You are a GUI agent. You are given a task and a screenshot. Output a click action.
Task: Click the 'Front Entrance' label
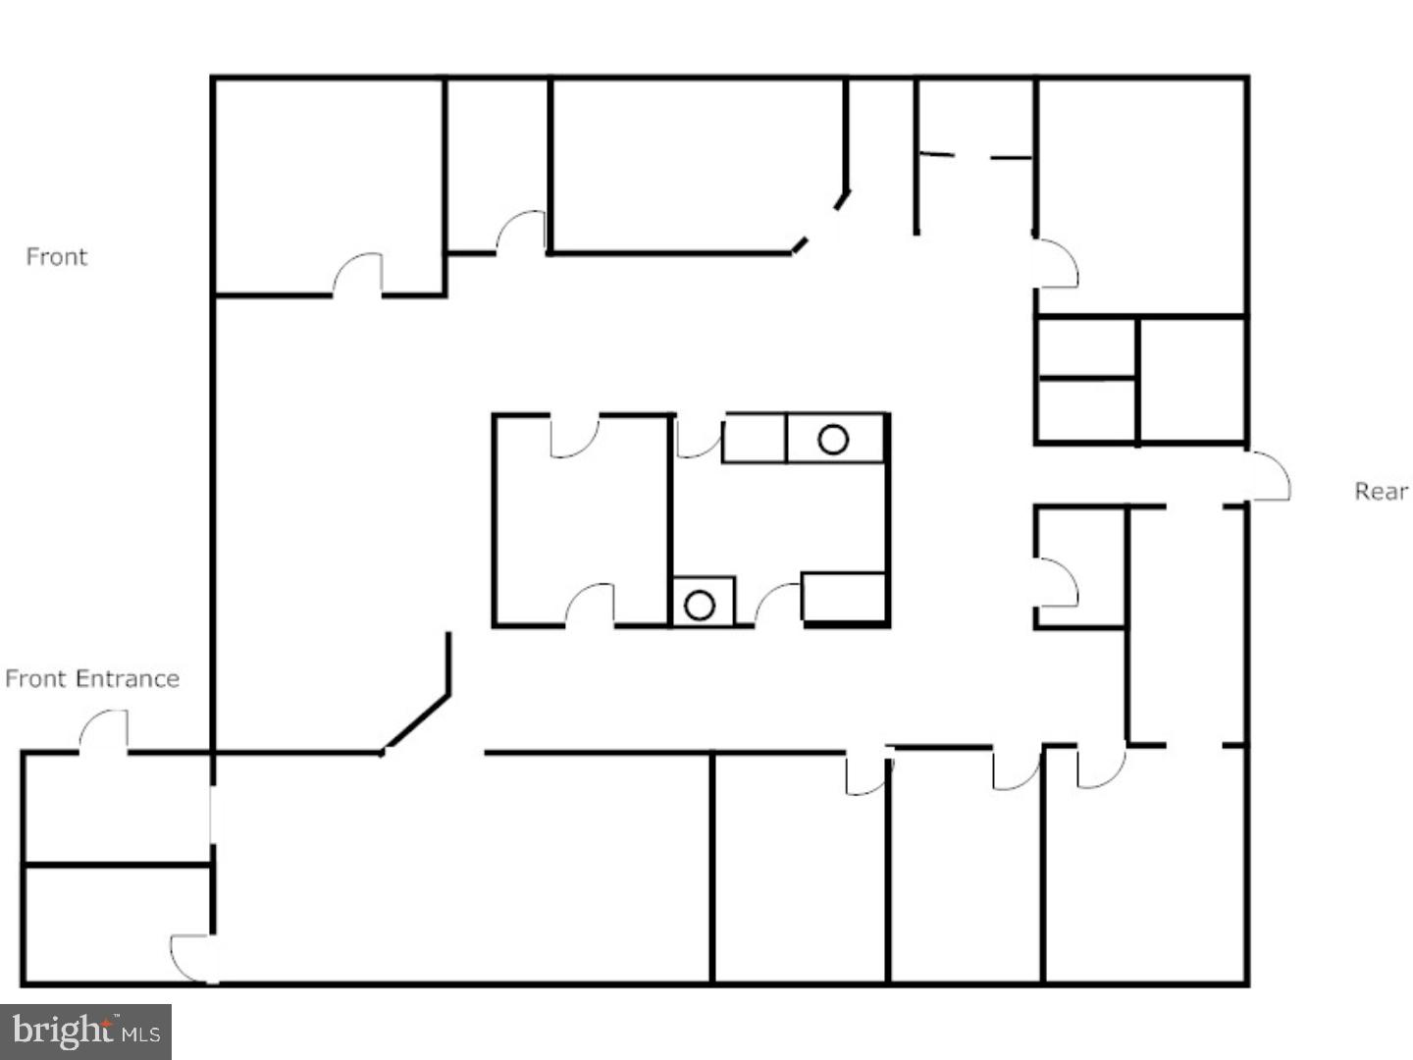[x=92, y=678]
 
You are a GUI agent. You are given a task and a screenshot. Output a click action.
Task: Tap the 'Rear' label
[x=1381, y=492]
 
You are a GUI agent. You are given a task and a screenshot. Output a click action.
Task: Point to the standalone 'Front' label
[x=57, y=257]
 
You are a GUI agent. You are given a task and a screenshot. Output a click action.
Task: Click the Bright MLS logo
[x=85, y=1031]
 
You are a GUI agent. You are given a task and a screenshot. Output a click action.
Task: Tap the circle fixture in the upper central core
[x=833, y=440]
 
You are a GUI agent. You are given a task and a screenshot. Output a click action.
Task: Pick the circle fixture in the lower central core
[x=700, y=605]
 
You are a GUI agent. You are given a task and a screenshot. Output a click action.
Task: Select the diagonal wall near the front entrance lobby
[x=416, y=722]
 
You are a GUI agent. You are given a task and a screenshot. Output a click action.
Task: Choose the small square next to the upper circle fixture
[x=754, y=439]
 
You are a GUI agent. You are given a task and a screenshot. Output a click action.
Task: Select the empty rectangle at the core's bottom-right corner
[x=843, y=598]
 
